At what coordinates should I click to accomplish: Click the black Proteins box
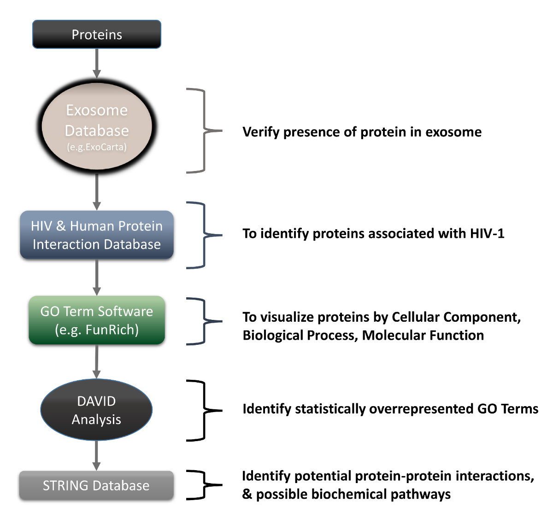click(x=97, y=35)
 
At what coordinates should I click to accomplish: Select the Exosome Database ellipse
click(x=97, y=127)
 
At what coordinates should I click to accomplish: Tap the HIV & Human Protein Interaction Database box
click(x=97, y=235)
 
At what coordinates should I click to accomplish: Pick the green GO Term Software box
click(x=97, y=320)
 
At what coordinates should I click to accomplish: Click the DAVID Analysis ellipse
click(x=96, y=410)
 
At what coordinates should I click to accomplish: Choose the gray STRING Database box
click(x=96, y=485)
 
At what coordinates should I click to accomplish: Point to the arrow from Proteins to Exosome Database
click(x=97, y=64)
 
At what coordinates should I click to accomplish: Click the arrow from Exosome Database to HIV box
click(x=97, y=192)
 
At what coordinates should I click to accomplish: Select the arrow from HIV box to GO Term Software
click(x=97, y=277)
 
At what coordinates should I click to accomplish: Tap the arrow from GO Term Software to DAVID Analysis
click(x=97, y=361)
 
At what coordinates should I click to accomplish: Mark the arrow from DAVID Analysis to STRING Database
click(x=97, y=456)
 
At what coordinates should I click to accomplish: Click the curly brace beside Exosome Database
click(x=204, y=131)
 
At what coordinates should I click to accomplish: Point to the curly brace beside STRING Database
click(x=204, y=485)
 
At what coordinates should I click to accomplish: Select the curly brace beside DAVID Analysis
click(x=204, y=410)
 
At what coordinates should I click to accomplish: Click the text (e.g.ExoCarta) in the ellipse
click(x=97, y=147)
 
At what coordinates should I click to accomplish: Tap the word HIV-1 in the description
click(x=487, y=233)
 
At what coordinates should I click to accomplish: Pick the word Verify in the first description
click(x=261, y=132)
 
